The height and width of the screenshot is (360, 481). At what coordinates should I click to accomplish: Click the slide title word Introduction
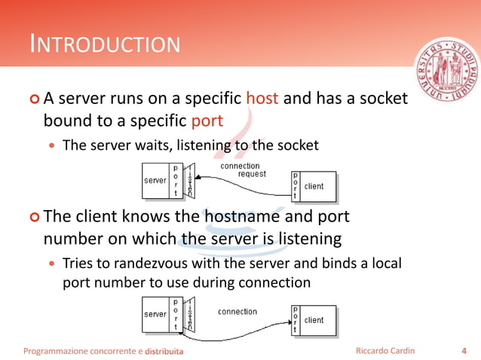(105, 44)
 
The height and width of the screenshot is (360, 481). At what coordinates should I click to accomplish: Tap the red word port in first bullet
(207, 121)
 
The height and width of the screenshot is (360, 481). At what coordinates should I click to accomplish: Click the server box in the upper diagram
(155, 182)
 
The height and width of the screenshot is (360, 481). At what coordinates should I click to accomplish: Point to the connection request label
(241, 169)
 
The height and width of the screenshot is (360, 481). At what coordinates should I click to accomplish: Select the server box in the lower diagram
(155, 314)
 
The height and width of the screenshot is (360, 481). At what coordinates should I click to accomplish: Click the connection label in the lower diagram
(237, 311)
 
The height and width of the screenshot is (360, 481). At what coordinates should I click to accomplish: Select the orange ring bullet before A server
(33, 99)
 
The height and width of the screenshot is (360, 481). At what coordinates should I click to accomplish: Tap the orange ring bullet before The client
(33, 217)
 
